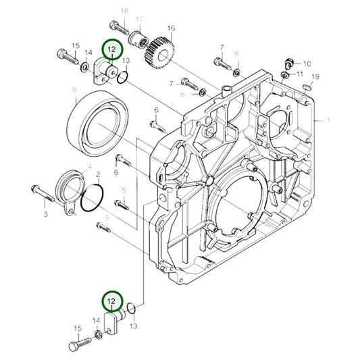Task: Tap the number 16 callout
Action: pos(171,28)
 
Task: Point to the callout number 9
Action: pos(73,90)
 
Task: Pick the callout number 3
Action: pos(46,214)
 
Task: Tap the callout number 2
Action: pos(98,174)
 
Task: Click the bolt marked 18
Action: pos(119,29)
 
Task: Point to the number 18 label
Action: pos(124,12)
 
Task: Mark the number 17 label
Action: pos(139,20)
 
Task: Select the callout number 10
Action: pos(307,63)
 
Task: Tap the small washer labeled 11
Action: pos(291,74)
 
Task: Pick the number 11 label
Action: pos(307,74)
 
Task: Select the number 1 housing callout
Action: pos(329,120)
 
